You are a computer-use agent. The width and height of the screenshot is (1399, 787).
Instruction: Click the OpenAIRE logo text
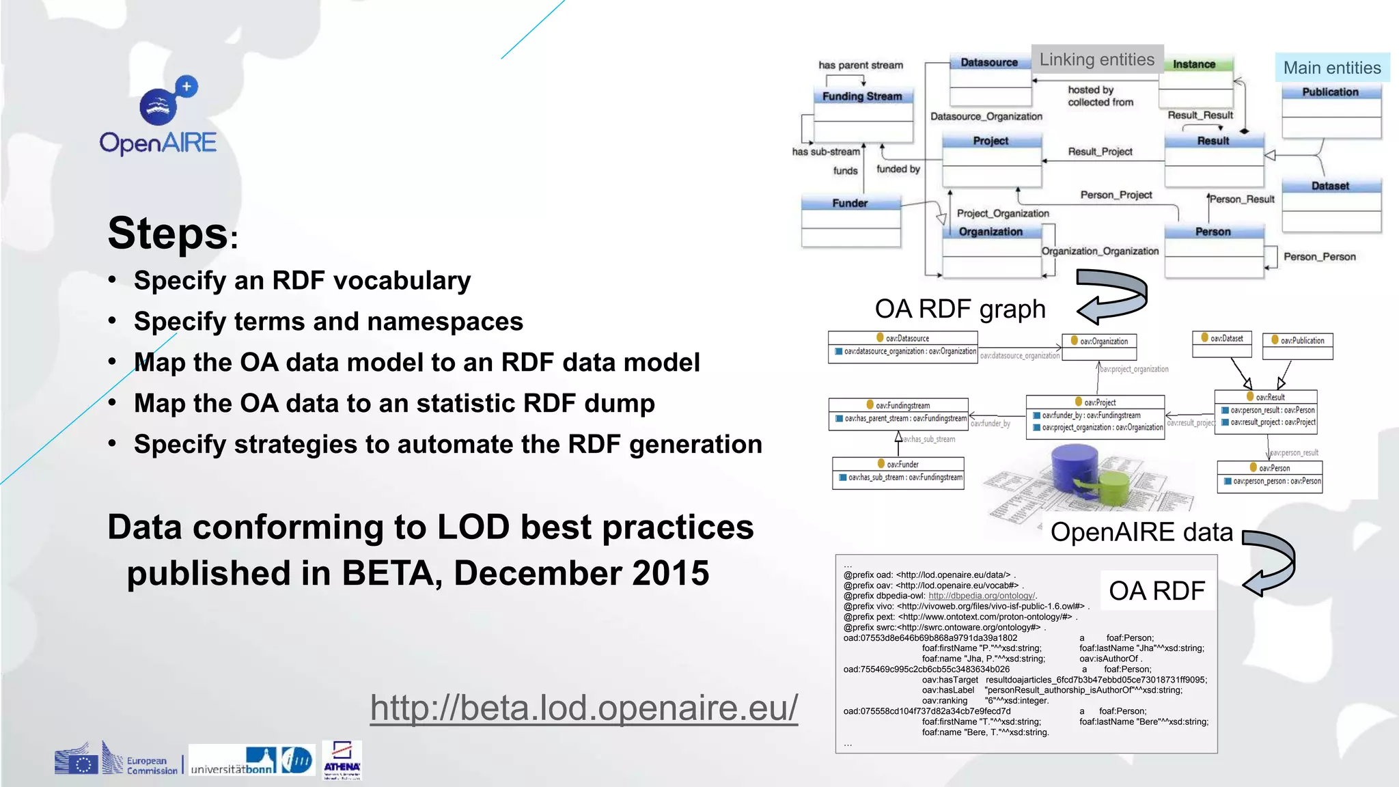158,143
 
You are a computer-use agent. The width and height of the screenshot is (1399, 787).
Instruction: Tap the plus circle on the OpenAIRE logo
186,87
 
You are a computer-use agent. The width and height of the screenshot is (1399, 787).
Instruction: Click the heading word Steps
168,234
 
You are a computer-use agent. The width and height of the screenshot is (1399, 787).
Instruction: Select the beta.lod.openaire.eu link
584,707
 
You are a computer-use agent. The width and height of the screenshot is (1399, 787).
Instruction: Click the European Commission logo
116,759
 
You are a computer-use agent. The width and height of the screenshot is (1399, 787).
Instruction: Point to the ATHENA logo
342,760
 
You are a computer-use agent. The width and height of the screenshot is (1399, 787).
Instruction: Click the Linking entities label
1097,60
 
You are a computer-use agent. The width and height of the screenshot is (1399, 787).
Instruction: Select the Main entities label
1331,68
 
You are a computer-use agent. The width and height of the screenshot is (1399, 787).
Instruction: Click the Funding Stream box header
863,96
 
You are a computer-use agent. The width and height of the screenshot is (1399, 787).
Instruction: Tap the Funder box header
850,203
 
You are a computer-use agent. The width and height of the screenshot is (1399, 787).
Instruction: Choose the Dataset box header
1330,186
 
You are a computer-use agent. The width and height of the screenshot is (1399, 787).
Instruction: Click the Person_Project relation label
1116,195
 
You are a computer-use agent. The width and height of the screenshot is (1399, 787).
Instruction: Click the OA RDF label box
1156,590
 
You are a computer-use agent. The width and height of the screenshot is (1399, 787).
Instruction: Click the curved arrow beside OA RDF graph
1113,296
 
